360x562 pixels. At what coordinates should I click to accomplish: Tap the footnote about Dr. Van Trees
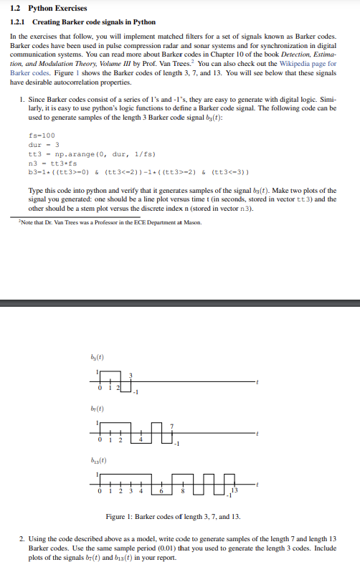(x=108, y=222)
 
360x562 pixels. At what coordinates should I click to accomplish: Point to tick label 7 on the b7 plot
(x=171, y=427)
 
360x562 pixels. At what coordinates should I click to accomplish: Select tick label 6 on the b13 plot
(x=162, y=492)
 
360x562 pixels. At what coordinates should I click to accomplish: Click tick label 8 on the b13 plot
(x=183, y=492)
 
